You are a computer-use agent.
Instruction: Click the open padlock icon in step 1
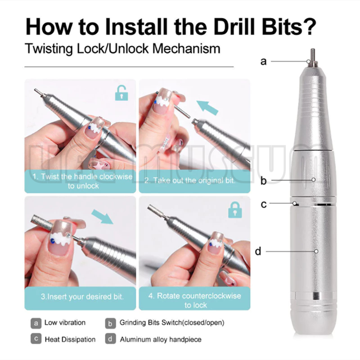(121, 93)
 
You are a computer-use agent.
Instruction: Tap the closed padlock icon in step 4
(235, 210)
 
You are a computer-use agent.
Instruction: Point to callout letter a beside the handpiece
(264, 62)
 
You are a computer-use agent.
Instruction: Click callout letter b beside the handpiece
(264, 180)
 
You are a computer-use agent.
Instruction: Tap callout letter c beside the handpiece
(264, 204)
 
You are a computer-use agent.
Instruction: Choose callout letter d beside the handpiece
(258, 251)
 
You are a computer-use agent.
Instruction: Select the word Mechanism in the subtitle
(186, 49)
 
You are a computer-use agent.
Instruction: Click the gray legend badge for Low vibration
(36, 323)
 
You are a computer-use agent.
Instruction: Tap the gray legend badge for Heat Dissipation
(36, 339)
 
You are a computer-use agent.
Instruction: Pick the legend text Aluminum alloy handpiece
(161, 340)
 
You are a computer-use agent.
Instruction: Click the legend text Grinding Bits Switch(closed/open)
(172, 323)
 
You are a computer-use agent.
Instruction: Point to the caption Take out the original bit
(190, 180)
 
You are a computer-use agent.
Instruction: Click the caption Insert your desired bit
(82, 297)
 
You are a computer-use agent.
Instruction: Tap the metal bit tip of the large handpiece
(312, 57)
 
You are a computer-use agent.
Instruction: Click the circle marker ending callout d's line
(316, 252)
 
